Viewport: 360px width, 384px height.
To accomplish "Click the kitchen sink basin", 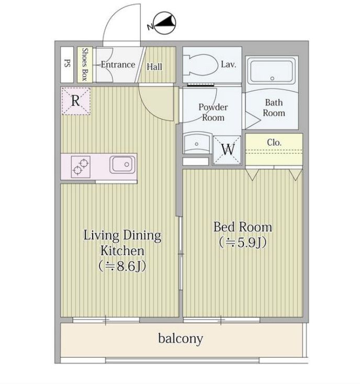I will (x=122, y=164).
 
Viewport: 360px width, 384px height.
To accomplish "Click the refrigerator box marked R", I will (x=75, y=101).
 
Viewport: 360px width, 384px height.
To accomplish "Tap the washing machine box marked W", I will (x=228, y=149).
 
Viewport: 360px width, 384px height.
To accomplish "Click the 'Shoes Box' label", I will (x=85, y=65).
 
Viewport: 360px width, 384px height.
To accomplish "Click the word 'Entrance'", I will (x=118, y=65).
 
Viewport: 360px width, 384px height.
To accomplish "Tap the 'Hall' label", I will (x=154, y=67).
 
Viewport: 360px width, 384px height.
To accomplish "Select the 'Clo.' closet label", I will (x=274, y=142).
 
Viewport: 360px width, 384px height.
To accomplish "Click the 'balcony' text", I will (x=181, y=338).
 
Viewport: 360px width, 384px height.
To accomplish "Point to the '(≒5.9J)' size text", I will (x=243, y=243).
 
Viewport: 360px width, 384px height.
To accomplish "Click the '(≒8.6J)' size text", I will (x=122, y=266).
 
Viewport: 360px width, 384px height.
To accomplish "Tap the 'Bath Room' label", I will (x=274, y=107).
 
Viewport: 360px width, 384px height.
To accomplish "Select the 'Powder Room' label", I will (x=213, y=112).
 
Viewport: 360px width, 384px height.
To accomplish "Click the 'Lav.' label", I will (x=229, y=64).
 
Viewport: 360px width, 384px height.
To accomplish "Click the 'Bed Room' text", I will (x=243, y=227).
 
